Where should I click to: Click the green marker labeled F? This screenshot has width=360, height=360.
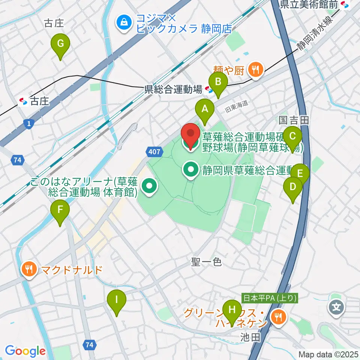point(60,211)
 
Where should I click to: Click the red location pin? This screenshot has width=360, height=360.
point(191,135)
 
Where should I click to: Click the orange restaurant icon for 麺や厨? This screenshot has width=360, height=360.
point(256,69)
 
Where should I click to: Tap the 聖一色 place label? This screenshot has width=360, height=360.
point(207,262)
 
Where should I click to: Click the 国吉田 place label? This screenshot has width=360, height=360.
point(294,120)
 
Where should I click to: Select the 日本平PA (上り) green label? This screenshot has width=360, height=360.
point(270,298)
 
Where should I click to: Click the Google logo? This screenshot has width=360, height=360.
point(25,351)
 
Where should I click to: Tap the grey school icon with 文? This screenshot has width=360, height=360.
point(336,308)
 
